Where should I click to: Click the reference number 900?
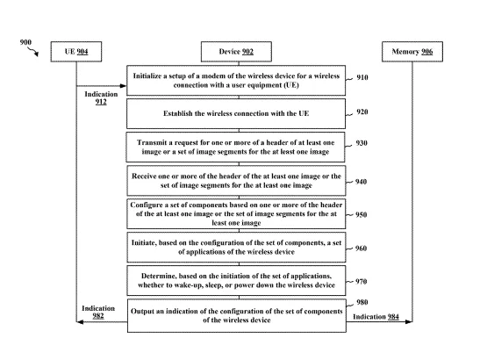[x=25, y=42]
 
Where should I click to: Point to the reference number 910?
[x=362, y=77]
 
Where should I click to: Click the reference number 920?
[x=362, y=112]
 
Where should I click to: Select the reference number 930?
[x=362, y=143]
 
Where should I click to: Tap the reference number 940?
[x=361, y=182]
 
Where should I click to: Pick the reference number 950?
[x=362, y=214]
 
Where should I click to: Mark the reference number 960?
[x=361, y=248]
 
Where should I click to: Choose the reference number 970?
[x=361, y=281]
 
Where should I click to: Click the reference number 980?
[x=362, y=302]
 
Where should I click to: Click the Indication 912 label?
[x=101, y=98]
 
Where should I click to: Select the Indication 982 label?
[x=98, y=312]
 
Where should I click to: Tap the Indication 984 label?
[x=376, y=317]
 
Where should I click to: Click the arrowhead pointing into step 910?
[x=124, y=86]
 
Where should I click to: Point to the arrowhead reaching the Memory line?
[x=409, y=321]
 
